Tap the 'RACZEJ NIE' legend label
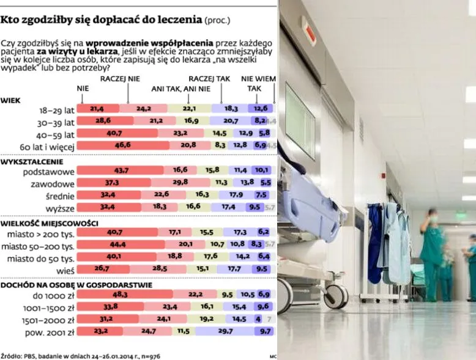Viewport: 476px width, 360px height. (x=120, y=79)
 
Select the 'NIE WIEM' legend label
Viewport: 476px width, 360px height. (x=258, y=79)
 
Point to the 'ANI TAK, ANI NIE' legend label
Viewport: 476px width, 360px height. (x=180, y=89)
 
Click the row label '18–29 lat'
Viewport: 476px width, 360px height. (x=56, y=109)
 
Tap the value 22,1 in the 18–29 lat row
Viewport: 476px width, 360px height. (x=189, y=109)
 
